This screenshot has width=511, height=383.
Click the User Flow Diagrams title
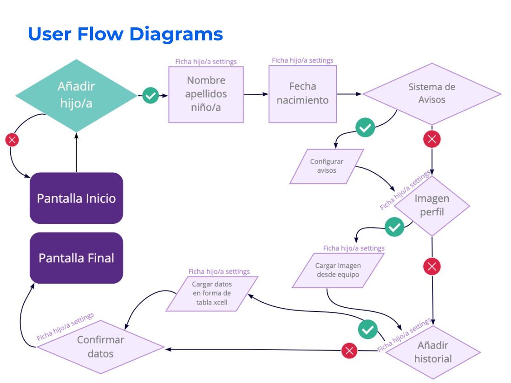[x=125, y=34]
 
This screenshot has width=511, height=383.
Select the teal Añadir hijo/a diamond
[x=76, y=95]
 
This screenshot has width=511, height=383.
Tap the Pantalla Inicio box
[x=76, y=198]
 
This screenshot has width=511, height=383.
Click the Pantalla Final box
[x=76, y=258]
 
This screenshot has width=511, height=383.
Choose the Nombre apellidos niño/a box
[x=206, y=94]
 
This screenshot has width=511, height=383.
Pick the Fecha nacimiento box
[x=302, y=93]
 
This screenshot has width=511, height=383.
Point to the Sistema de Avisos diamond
[x=432, y=94]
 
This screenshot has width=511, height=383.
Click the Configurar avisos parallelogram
[x=327, y=166]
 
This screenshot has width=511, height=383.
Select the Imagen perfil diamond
[x=432, y=205]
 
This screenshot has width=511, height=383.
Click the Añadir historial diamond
[x=432, y=352]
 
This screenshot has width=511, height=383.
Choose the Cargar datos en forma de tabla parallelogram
[x=211, y=293]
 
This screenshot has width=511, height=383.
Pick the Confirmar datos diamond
[x=100, y=347]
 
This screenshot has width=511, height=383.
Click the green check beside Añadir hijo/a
[x=151, y=96]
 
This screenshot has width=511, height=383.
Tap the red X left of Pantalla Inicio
[x=12, y=140]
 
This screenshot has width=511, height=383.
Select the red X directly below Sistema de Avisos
[x=432, y=139]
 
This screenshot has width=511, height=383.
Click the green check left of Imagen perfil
[x=394, y=227]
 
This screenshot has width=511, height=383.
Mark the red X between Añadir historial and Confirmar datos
[x=349, y=351]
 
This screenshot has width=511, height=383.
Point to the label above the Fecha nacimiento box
[x=302, y=60]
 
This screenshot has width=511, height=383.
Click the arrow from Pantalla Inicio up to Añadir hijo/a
[x=76, y=153]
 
